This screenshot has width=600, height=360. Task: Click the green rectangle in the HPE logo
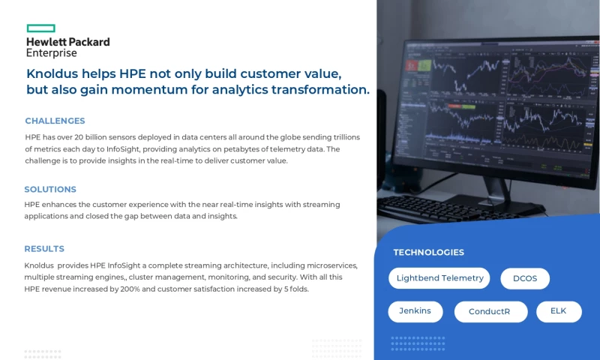[x=40, y=28]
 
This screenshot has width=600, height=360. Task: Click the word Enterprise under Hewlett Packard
[x=51, y=53]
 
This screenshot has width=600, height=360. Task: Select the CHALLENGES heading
[x=55, y=121]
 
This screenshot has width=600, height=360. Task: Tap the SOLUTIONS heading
[x=50, y=190]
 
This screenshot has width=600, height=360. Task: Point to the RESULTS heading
[x=44, y=249]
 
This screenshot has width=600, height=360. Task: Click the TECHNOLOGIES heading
[x=428, y=253]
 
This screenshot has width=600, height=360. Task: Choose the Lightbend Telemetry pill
[x=439, y=278]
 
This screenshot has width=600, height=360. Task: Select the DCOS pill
[x=525, y=278]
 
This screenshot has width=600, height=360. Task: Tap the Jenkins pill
[x=415, y=311]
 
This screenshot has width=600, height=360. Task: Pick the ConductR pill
[x=490, y=312]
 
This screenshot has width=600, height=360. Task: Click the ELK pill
[x=559, y=311]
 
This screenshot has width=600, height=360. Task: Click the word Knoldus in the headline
[x=54, y=73]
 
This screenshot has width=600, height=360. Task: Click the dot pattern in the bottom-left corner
[x=43, y=353]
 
